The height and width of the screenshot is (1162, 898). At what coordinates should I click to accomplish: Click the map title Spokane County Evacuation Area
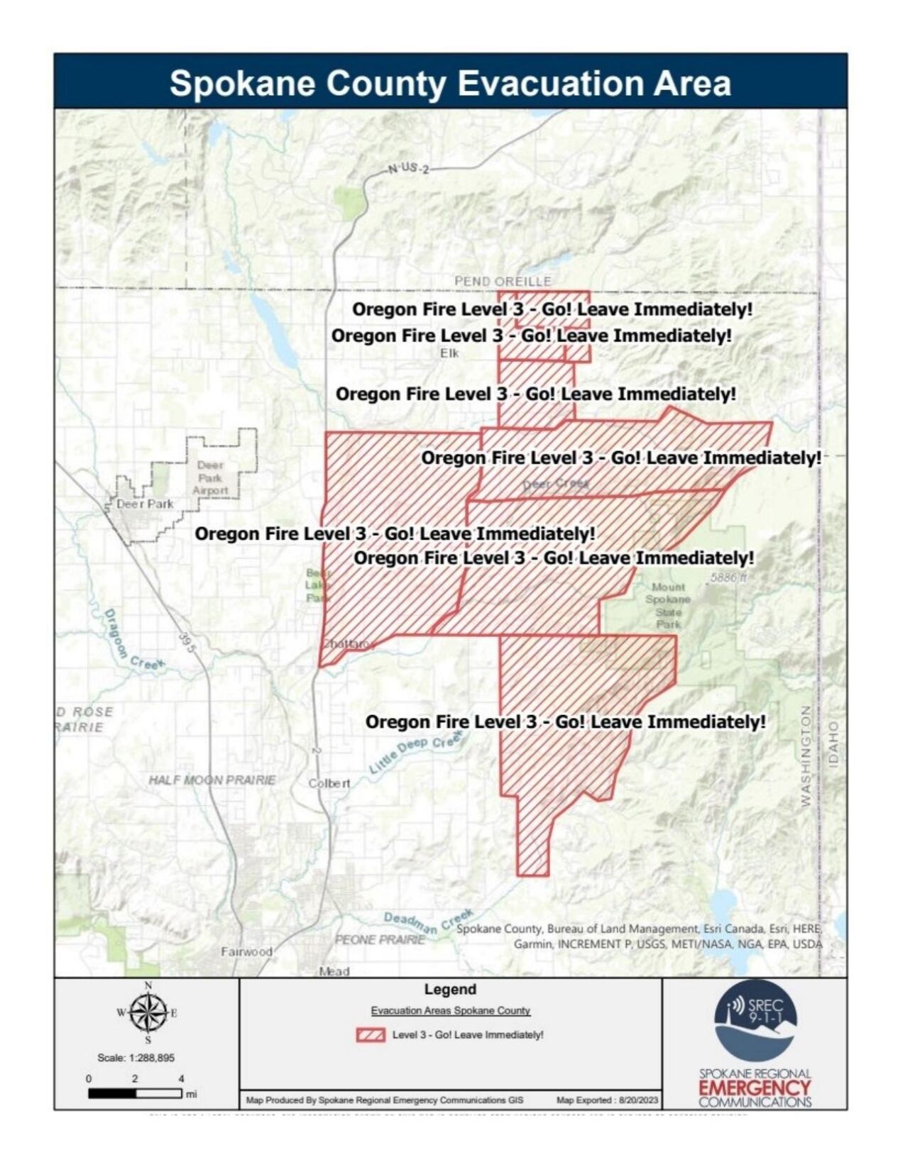[x=450, y=83]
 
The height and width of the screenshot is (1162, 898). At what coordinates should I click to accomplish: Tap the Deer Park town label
[x=145, y=504]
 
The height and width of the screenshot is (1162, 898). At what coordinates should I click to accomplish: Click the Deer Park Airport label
[x=210, y=477]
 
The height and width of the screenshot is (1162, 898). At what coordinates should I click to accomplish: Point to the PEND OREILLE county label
[x=503, y=282]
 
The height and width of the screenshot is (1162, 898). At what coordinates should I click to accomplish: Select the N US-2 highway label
[x=409, y=170]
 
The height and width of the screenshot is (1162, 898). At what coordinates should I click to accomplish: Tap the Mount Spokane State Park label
[x=668, y=605]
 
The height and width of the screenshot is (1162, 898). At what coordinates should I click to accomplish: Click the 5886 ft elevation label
[x=728, y=578]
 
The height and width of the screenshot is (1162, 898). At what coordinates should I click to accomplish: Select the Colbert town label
[x=329, y=784]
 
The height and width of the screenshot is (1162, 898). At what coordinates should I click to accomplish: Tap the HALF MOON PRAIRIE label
[x=212, y=780]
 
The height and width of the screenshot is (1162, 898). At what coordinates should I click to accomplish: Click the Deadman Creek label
[x=428, y=922]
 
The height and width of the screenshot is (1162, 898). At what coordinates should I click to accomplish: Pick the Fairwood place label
[x=246, y=951]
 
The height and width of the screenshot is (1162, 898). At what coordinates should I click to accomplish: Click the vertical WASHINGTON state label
[x=806, y=756]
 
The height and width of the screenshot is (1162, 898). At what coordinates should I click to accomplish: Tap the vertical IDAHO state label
[x=833, y=743]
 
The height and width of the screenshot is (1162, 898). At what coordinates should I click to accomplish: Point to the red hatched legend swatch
[x=371, y=1035]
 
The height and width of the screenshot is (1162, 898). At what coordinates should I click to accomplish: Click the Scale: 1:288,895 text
[x=136, y=1058]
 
